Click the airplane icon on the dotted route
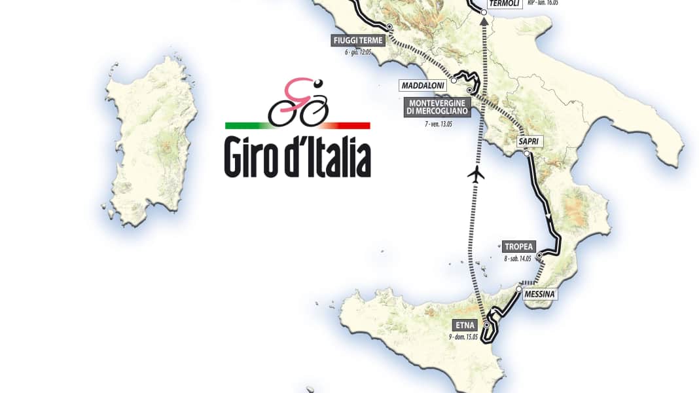[x=476, y=175]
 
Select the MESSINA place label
[x=539, y=295]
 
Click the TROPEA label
[x=517, y=247]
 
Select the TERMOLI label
[x=504, y=3]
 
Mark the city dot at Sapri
[x=526, y=153]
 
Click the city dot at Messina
[x=518, y=289]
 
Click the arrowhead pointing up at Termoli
[x=484, y=21]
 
